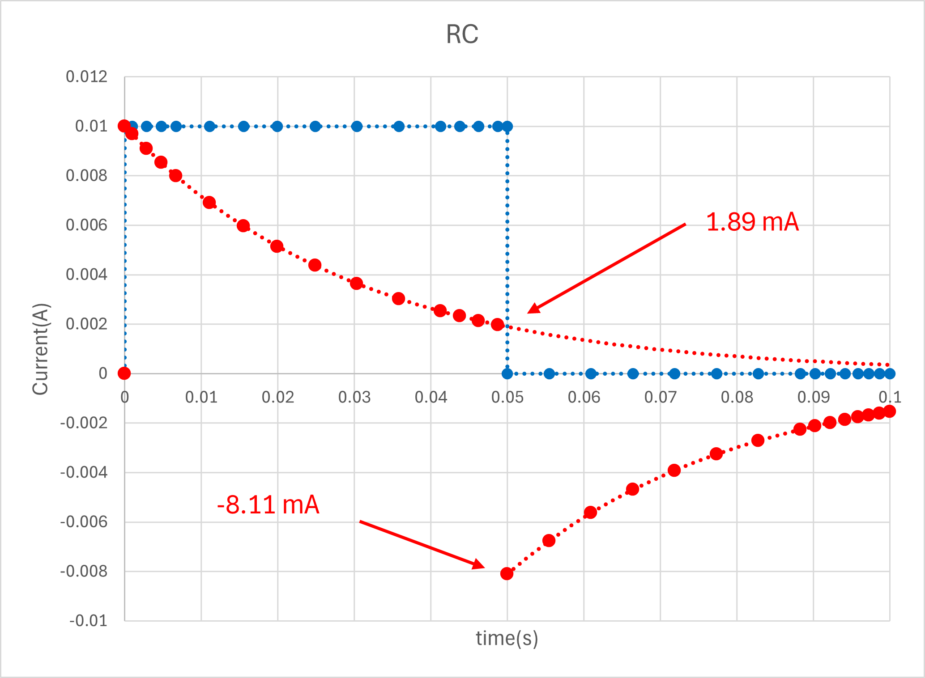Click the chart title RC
462,34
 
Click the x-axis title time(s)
507,638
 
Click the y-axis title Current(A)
41,349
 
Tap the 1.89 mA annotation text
752,222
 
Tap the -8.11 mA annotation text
268,505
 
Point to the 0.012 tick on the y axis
86,77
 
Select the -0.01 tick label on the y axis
88,621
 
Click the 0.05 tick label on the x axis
507,397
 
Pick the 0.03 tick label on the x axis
354,397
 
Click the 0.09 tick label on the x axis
813,397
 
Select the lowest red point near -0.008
507,574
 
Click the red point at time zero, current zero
124,373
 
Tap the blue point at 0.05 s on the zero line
507,373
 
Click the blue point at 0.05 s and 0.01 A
507,127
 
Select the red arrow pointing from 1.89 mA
606,268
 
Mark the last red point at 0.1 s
890,411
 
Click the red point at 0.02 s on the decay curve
277,246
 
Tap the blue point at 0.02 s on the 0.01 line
277,127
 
